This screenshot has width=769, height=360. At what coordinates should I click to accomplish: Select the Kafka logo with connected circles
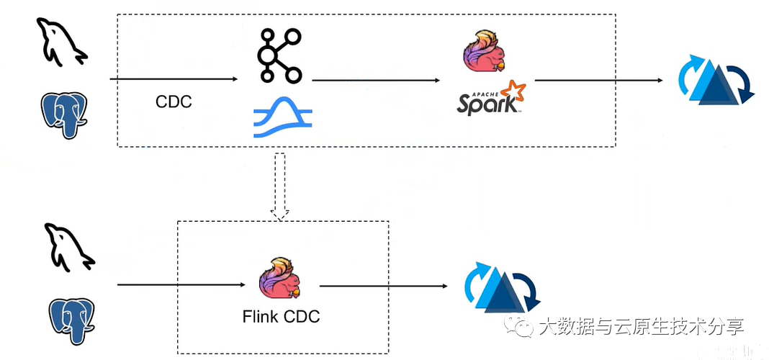click(x=279, y=55)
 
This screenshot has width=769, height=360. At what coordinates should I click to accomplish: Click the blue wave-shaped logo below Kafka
click(x=282, y=117)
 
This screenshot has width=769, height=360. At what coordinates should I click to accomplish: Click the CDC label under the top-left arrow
click(x=174, y=102)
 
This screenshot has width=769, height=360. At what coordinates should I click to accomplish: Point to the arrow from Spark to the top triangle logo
click(x=598, y=80)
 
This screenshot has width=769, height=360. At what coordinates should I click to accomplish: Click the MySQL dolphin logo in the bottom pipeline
click(x=68, y=247)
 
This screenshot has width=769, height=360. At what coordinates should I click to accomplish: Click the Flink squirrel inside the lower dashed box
click(x=281, y=278)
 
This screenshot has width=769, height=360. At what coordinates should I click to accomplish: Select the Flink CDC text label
click(x=281, y=316)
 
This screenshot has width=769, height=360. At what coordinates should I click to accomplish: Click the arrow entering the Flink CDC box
click(x=184, y=285)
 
